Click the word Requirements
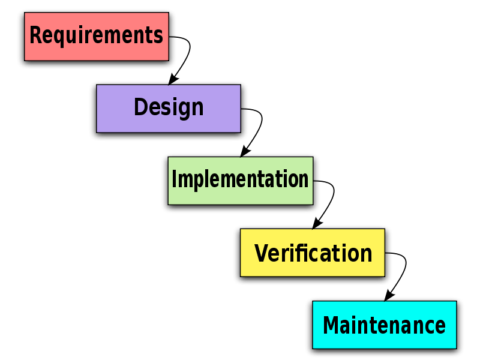pyautogui.click(x=96, y=35)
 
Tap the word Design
pyautogui.click(x=169, y=107)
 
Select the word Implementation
pyautogui.click(x=240, y=179)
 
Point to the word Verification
pyautogui.click(x=313, y=253)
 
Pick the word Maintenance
pyautogui.click(x=384, y=325)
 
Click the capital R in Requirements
pyautogui.click(x=35, y=35)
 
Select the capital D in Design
pyautogui.click(x=140, y=107)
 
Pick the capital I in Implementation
pyautogui.click(x=175, y=179)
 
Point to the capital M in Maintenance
pyautogui.click(x=331, y=325)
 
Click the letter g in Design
pyautogui.click(x=182, y=110)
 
